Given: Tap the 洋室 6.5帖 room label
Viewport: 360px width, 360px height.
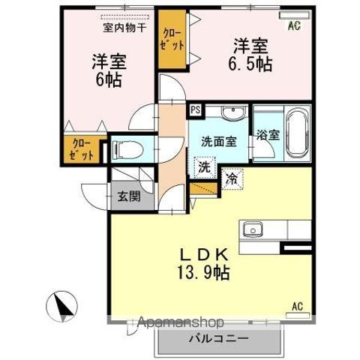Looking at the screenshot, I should pos(250,55).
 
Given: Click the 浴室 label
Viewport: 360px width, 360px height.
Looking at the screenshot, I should pos(268,136).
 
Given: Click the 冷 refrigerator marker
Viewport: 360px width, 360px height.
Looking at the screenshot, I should pos(232,179).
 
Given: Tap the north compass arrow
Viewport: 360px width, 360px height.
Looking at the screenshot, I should pos(61,306).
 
